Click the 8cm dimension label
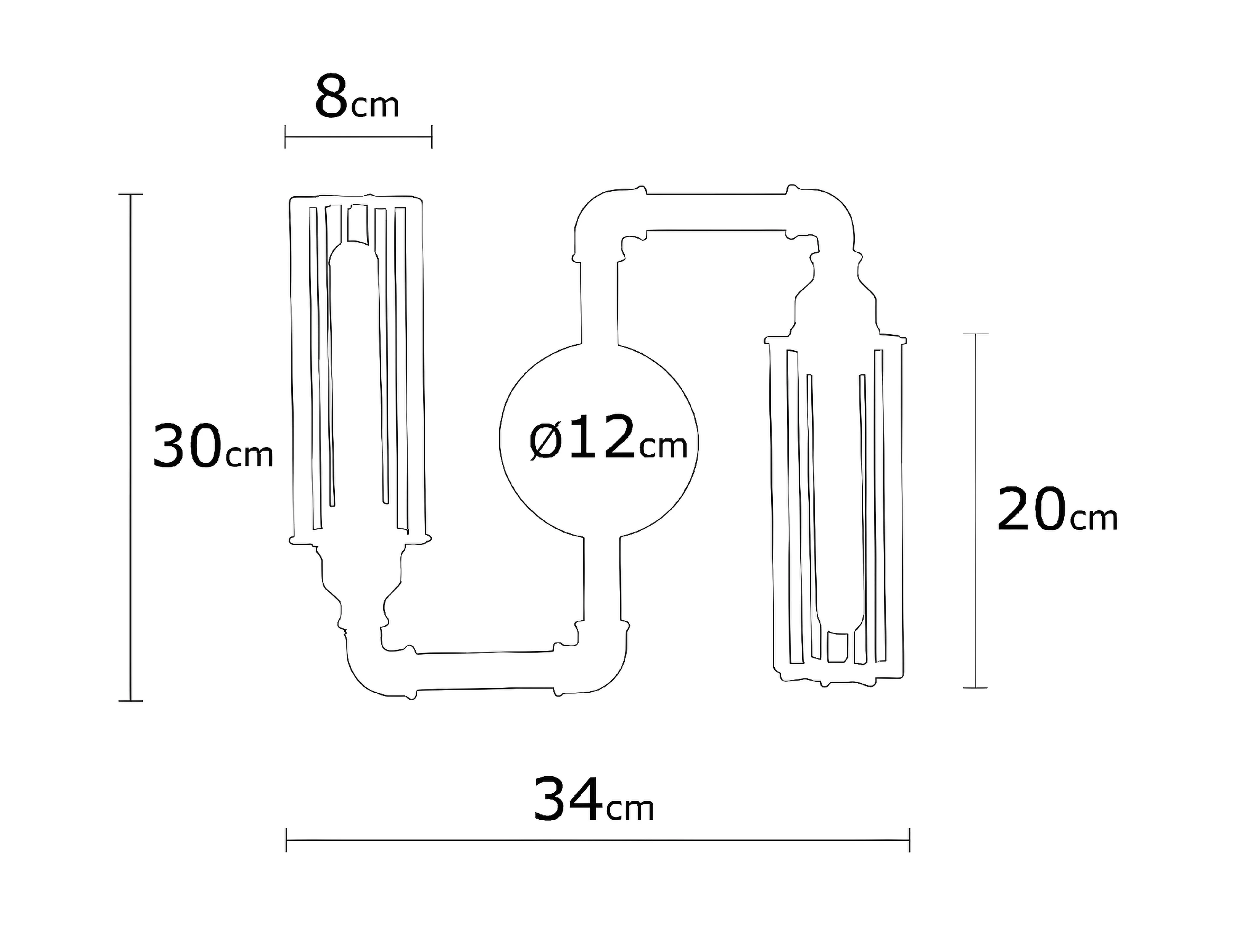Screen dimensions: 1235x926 357,97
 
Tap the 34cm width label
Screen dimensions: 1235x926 593,799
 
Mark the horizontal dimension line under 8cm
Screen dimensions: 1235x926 358,137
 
